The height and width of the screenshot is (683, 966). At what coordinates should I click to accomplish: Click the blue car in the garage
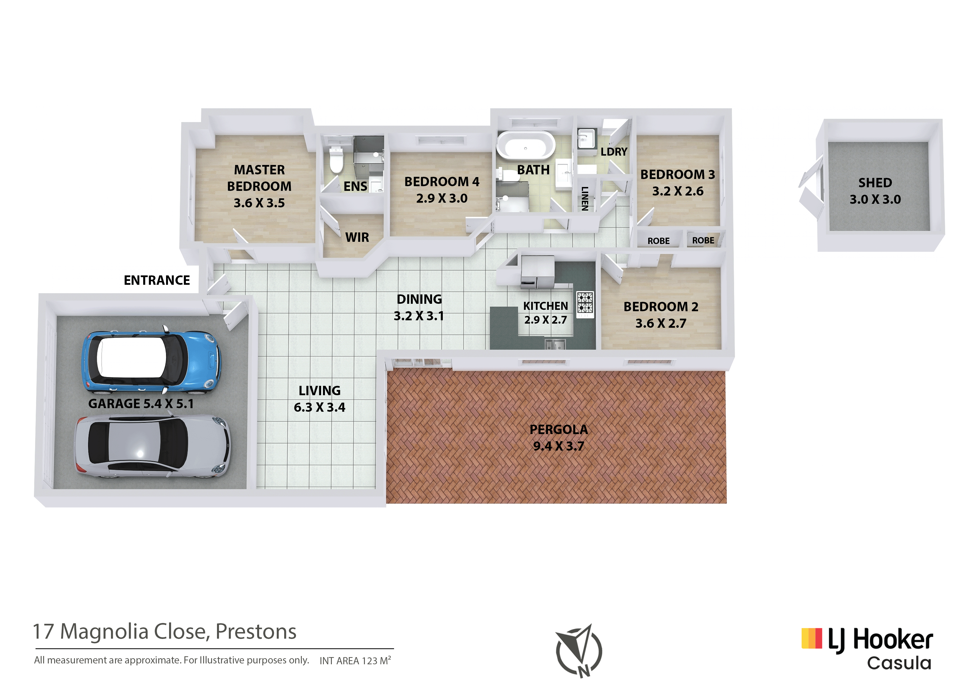[151, 361]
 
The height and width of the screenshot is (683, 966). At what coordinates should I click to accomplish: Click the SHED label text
[875, 183]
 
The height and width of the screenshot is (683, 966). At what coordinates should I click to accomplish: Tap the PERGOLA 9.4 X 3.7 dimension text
[559, 446]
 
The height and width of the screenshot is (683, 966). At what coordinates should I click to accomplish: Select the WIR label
[357, 237]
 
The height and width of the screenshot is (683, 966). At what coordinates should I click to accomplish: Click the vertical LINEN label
[585, 198]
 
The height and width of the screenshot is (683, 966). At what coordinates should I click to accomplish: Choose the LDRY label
[614, 151]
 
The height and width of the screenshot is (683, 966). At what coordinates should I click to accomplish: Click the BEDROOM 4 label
[442, 182]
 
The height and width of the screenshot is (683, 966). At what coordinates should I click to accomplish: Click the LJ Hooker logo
[867, 640]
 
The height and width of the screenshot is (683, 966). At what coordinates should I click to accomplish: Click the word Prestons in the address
[256, 632]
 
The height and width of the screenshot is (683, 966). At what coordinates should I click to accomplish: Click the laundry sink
[586, 139]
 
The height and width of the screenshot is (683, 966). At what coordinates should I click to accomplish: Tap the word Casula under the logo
[899, 663]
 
